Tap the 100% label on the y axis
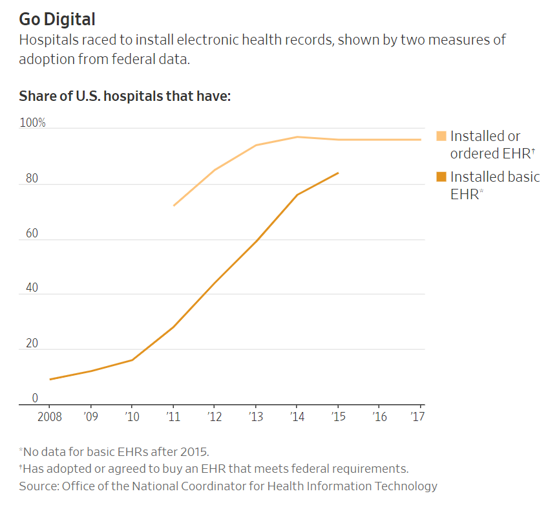(32, 123)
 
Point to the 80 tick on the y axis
(31, 179)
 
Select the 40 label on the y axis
(31, 288)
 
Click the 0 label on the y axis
(35, 398)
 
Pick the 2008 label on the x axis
(50, 417)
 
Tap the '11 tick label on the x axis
(173, 417)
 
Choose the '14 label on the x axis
(297, 417)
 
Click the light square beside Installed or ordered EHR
(441, 136)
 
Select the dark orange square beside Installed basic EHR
(441, 177)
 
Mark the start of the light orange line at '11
(174, 206)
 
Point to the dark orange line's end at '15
(338, 173)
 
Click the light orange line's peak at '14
(297, 136)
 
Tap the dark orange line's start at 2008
(50, 379)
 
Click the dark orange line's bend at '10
(132, 360)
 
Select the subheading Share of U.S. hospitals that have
(125, 96)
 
